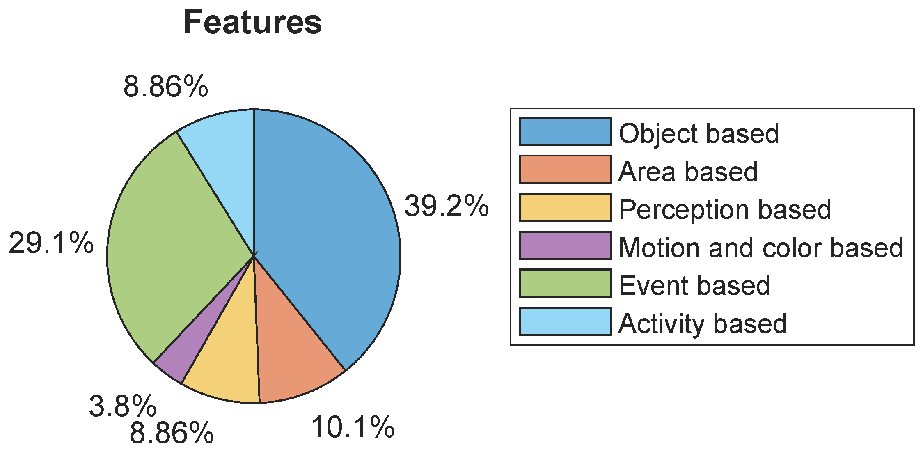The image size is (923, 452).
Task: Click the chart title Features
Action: (252, 22)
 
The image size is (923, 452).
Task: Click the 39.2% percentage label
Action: (447, 206)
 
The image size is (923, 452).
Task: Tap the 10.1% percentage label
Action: (353, 427)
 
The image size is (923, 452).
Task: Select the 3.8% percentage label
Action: (122, 406)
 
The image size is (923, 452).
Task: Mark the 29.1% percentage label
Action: (51, 243)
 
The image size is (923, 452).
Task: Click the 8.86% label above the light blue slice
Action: (165, 87)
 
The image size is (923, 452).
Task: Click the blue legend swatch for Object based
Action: (565, 131)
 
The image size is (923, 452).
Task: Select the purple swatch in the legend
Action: (565, 246)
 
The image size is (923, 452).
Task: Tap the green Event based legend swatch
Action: (565, 283)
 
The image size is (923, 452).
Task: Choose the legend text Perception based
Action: (725, 210)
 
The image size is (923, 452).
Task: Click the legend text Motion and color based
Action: (760, 248)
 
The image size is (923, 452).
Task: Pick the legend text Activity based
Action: (702, 324)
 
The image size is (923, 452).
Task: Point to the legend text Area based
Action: (688, 172)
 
